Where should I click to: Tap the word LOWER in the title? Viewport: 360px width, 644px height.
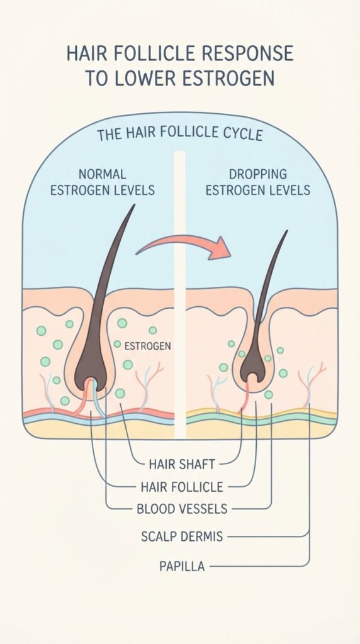click(148, 79)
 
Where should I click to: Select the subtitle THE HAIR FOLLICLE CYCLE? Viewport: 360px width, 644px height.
click(179, 134)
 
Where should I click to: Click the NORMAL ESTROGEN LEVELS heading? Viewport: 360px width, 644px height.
click(103, 182)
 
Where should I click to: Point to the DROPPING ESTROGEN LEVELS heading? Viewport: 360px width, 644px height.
click(257, 182)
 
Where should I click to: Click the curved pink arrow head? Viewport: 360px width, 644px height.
click(220, 248)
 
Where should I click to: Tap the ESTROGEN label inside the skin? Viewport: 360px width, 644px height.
click(147, 347)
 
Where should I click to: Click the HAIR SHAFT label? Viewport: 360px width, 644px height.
click(182, 465)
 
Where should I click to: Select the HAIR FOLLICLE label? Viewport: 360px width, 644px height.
click(182, 487)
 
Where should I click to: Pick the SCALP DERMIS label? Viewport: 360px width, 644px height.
click(182, 536)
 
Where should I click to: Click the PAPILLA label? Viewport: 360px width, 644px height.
click(182, 567)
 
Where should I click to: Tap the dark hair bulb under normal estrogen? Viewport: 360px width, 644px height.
click(90, 365)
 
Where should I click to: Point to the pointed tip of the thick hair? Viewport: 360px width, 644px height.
click(134, 205)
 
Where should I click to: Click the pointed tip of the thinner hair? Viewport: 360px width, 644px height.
click(286, 231)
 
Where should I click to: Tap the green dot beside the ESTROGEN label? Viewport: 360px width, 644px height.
click(118, 344)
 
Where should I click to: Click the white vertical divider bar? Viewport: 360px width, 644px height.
click(179, 295)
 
